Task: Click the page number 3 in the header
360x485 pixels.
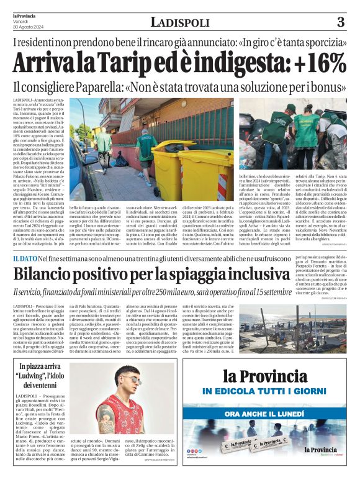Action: [340, 22]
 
